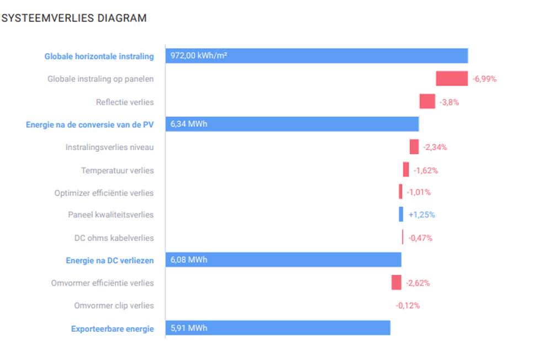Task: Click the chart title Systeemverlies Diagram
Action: pyautogui.click(x=74, y=18)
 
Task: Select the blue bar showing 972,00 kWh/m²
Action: pyautogui.click(x=316, y=56)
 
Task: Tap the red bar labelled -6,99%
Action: pyautogui.click(x=451, y=78)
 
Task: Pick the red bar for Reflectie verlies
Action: pyautogui.click(x=427, y=102)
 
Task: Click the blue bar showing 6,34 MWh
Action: pyautogui.click(x=292, y=124)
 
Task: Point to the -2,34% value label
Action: pyautogui.click(x=435, y=147)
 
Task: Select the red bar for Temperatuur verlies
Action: pyautogui.click(x=406, y=170)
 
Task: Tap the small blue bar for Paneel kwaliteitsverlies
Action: pyautogui.click(x=401, y=214)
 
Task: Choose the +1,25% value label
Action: pyautogui.click(x=422, y=215)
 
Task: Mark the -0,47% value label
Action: pyautogui.click(x=420, y=238)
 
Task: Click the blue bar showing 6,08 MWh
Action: pyautogui.click(x=283, y=260)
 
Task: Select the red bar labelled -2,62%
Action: pyautogui.click(x=396, y=283)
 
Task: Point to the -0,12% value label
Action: pyautogui.click(x=407, y=305)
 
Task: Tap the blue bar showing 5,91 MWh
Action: pyautogui.click(x=278, y=328)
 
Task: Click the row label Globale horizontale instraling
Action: pyautogui.click(x=99, y=56)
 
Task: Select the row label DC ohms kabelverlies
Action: pyautogui.click(x=114, y=238)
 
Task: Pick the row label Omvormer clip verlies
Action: pyautogui.click(x=114, y=305)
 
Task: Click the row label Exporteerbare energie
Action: pyautogui.click(x=113, y=329)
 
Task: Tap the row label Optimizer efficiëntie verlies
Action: pyautogui.click(x=104, y=193)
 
